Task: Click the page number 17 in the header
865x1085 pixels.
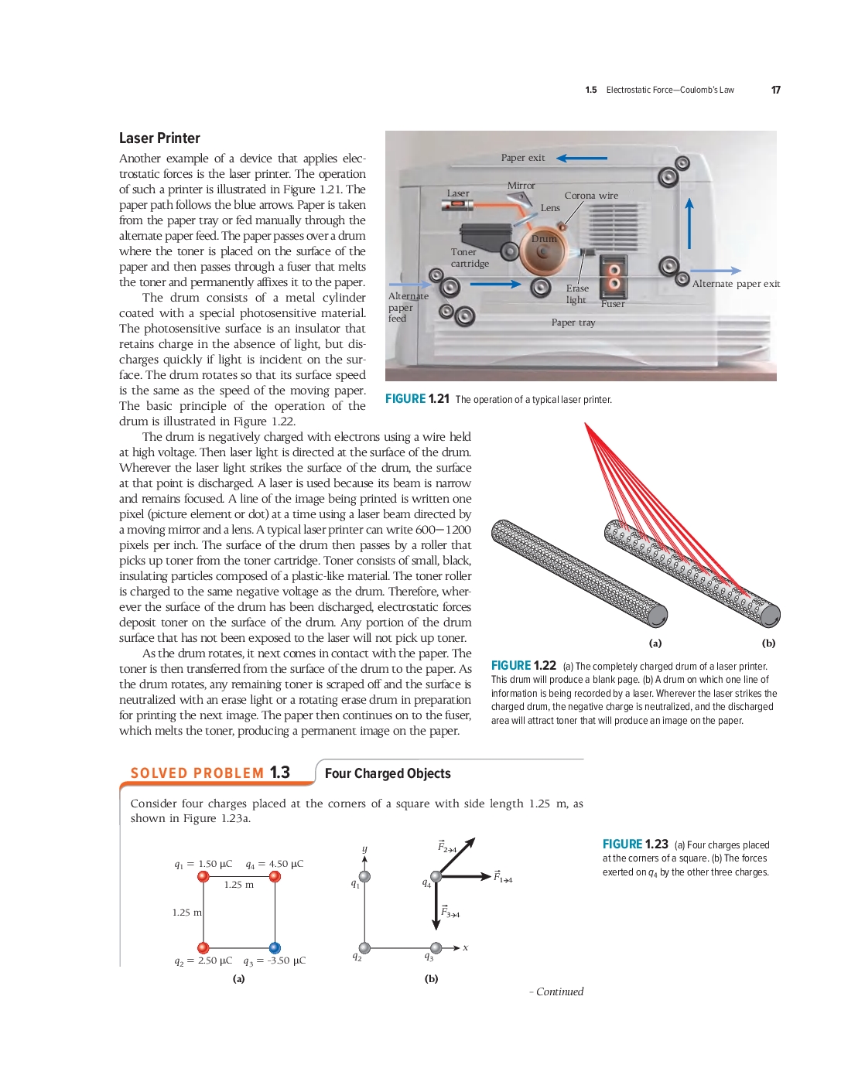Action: (775, 90)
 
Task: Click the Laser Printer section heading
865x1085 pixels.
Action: (159, 138)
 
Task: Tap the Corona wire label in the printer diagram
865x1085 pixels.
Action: (591, 196)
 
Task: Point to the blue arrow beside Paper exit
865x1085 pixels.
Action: (582, 158)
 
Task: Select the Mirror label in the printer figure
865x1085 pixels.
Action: (521, 186)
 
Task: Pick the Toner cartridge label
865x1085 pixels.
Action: (470, 258)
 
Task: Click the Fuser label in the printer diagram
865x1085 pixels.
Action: (613, 304)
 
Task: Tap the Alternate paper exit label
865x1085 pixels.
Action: (736, 284)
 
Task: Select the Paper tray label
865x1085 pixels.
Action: (573, 322)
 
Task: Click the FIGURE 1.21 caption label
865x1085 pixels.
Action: (417, 399)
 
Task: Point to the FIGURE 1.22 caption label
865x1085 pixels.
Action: (523, 666)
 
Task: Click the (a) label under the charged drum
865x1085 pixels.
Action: (655, 643)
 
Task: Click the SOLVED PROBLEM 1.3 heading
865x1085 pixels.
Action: (210, 773)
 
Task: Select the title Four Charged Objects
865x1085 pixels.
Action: (388, 773)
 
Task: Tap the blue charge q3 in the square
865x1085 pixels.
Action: (275, 947)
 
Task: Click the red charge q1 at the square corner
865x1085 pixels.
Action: (203, 876)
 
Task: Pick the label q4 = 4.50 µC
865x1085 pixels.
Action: (275, 864)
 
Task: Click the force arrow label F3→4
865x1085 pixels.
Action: (450, 913)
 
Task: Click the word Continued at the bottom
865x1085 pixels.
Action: (559, 991)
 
